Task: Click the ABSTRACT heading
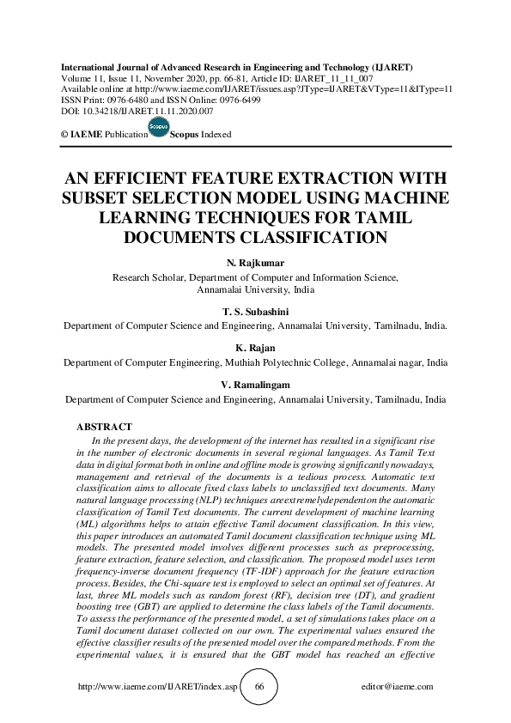tap(104, 427)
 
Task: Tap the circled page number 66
tap(259, 687)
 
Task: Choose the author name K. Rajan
tap(256, 349)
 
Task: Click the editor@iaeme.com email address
tap(398, 687)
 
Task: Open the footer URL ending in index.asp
tap(157, 687)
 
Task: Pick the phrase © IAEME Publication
tap(100, 135)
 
